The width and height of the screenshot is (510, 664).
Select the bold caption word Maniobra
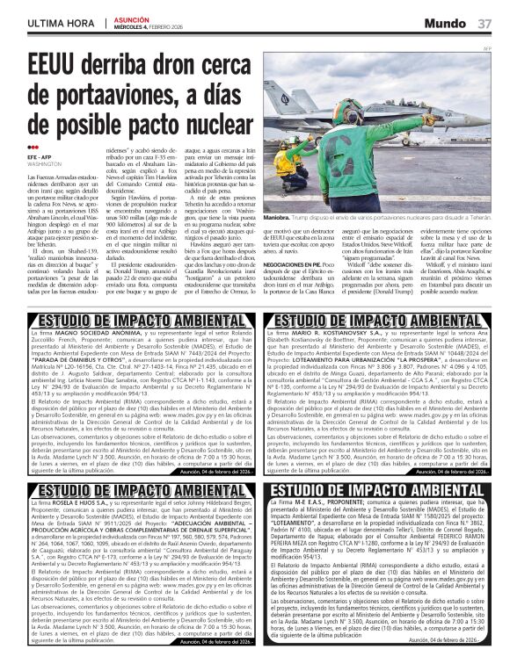coord(278,216)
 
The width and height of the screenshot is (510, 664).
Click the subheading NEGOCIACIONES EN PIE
coord(298,263)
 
